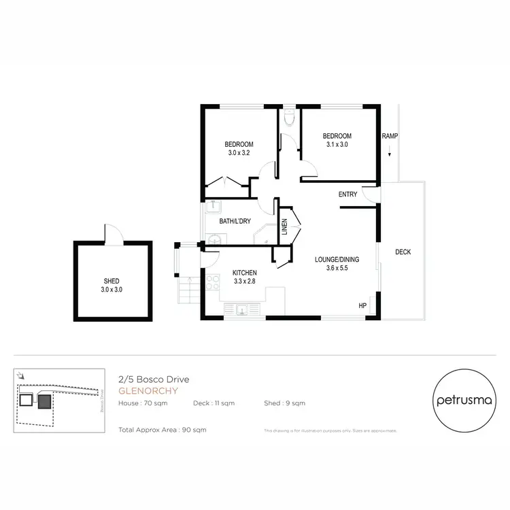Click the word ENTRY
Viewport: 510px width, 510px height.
coord(347,194)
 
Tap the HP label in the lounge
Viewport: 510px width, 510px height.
coord(362,306)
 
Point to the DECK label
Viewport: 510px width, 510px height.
coord(403,252)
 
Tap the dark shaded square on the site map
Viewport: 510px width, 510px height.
coord(44,402)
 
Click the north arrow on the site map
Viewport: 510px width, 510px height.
coord(22,375)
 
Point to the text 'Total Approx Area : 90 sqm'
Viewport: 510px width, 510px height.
coord(162,430)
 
